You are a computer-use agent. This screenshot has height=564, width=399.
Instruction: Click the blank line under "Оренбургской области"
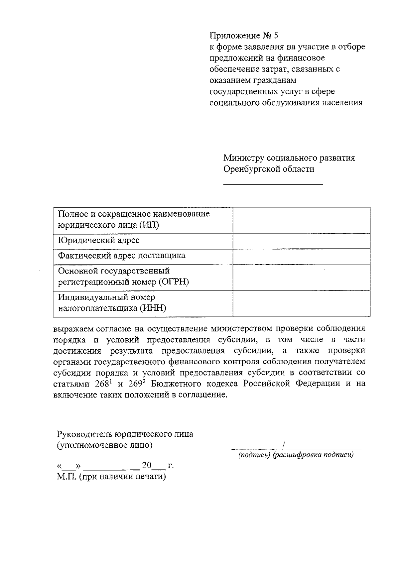[273, 183]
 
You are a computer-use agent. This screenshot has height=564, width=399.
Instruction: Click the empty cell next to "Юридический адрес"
[302, 241]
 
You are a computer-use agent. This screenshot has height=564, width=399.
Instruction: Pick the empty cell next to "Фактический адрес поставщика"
[302, 256]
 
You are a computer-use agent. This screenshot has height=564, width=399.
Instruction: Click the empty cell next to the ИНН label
[302, 303]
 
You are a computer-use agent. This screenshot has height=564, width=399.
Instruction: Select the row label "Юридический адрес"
[99, 240]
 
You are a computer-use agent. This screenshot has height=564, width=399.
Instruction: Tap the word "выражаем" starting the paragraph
[73, 329]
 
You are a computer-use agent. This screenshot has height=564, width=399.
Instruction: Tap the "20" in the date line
[147, 465]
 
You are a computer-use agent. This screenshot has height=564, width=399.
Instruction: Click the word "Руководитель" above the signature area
[85, 434]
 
